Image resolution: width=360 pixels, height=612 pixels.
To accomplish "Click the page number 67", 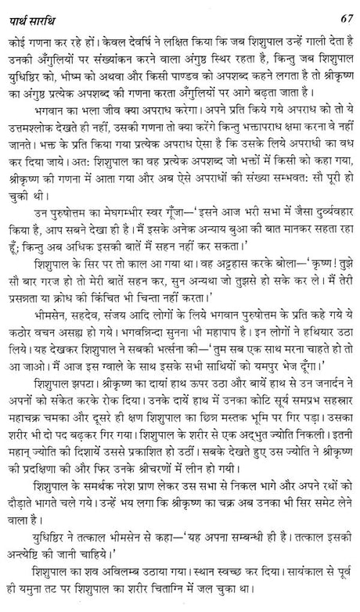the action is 342,11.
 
